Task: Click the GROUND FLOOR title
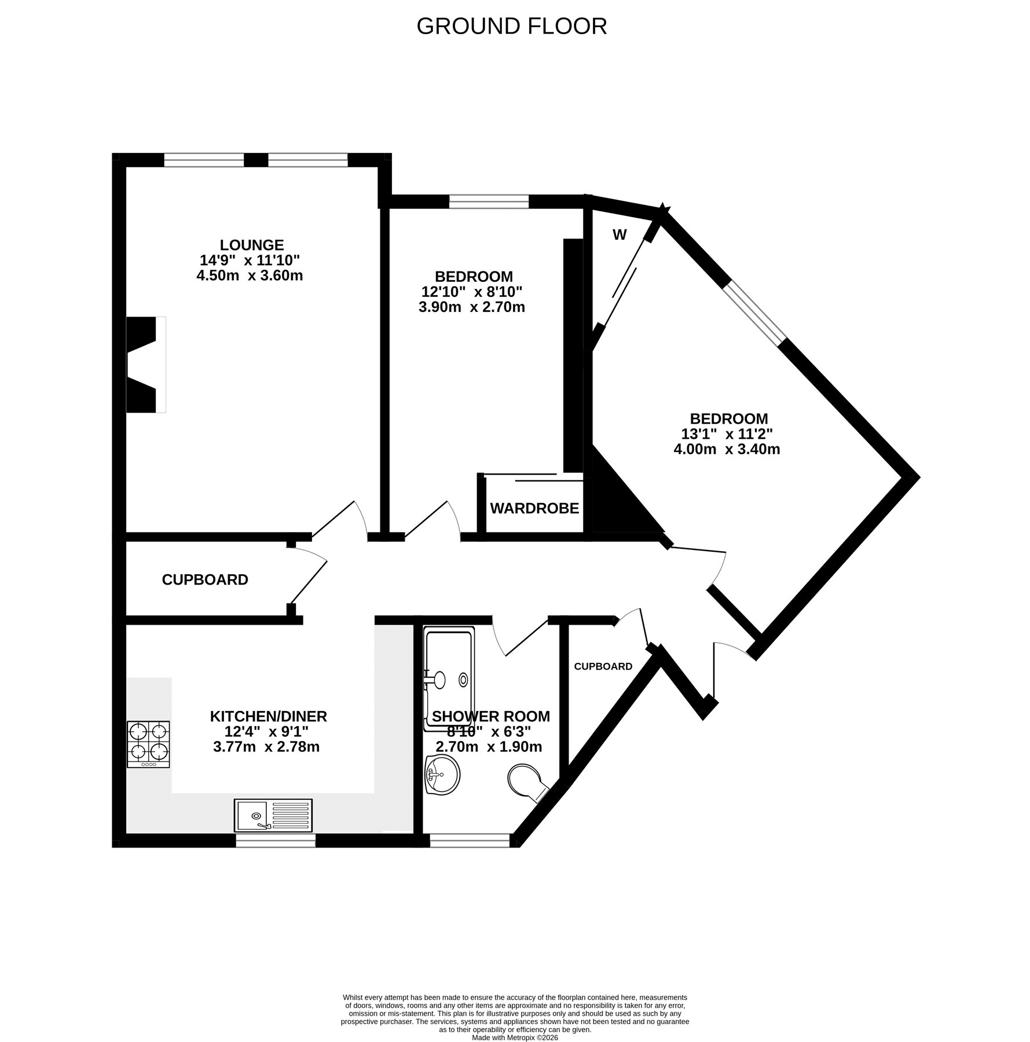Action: pyautogui.click(x=512, y=26)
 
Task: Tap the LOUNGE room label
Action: pyautogui.click(x=251, y=245)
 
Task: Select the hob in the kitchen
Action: pyautogui.click(x=149, y=744)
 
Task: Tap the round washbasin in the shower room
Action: pyautogui.click(x=442, y=775)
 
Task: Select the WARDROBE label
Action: pyautogui.click(x=534, y=508)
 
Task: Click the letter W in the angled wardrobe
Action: pyautogui.click(x=620, y=235)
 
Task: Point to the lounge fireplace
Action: pyautogui.click(x=146, y=365)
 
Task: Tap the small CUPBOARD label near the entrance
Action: pyautogui.click(x=603, y=666)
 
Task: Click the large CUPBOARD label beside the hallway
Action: pyautogui.click(x=205, y=579)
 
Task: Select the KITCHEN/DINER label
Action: pyautogui.click(x=268, y=716)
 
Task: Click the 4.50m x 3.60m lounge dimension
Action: pyautogui.click(x=250, y=275)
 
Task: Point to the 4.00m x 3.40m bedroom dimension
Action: pyautogui.click(x=727, y=449)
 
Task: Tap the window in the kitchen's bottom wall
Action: pyautogui.click(x=276, y=840)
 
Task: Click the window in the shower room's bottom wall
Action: pyautogui.click(x=470, y=840)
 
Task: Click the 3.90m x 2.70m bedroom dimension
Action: pyautogui.click(x=471, y=307)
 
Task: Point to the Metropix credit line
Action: pyautogui.click(x=515, y=1006)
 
